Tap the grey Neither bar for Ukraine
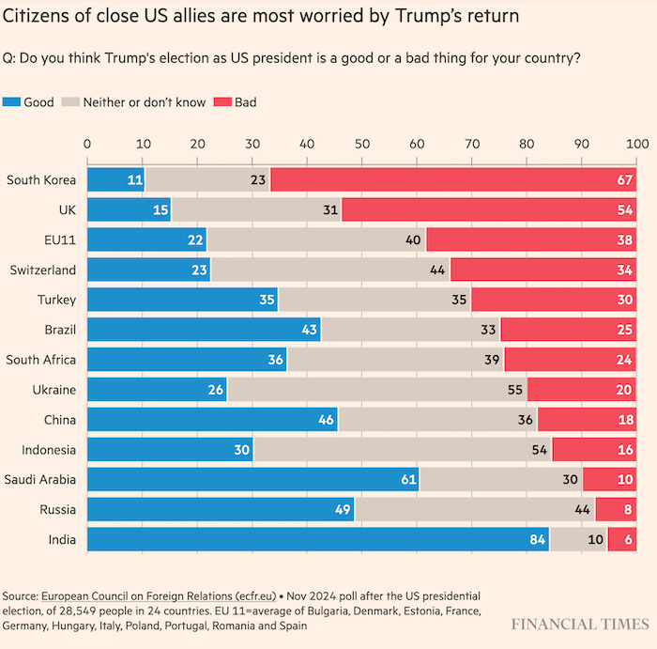point(376,389)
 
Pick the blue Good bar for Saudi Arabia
point(252,479)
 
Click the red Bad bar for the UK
point(489,209)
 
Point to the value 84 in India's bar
point(534,539)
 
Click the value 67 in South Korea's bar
point(625,178)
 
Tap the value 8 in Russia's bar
point(627,509)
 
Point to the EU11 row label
point(59,239)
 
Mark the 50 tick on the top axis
point(362,144)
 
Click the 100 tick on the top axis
point(637,144)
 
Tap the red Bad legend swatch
point(224,102)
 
